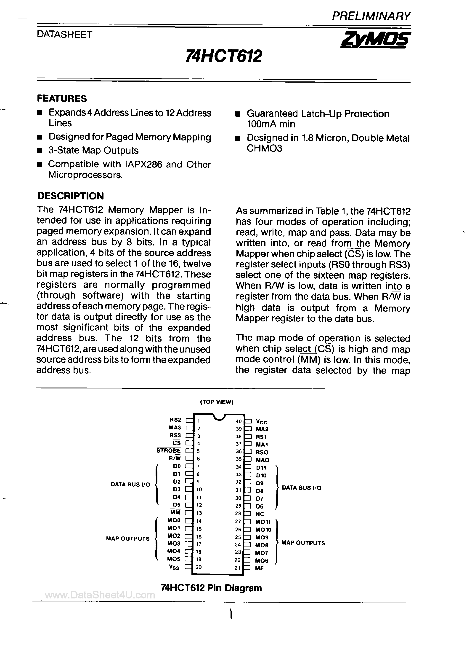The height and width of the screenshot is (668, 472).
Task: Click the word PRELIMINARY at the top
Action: pos(371,16)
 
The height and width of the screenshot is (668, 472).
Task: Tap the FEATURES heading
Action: pos(62,99)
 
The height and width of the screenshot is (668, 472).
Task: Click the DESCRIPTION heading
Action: pos(70,196)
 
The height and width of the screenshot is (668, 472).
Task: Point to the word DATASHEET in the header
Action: pos(64,35)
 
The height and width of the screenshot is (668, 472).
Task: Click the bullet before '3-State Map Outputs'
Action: pos(40,151)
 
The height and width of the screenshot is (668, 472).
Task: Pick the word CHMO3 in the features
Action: pos(264,148)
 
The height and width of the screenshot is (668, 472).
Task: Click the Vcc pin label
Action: pos(261,422)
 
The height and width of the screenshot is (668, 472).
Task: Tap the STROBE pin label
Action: pos(169,450)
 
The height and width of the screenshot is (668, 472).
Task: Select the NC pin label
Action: pos(260,514)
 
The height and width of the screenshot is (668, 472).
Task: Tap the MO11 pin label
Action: pos(263,522)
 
